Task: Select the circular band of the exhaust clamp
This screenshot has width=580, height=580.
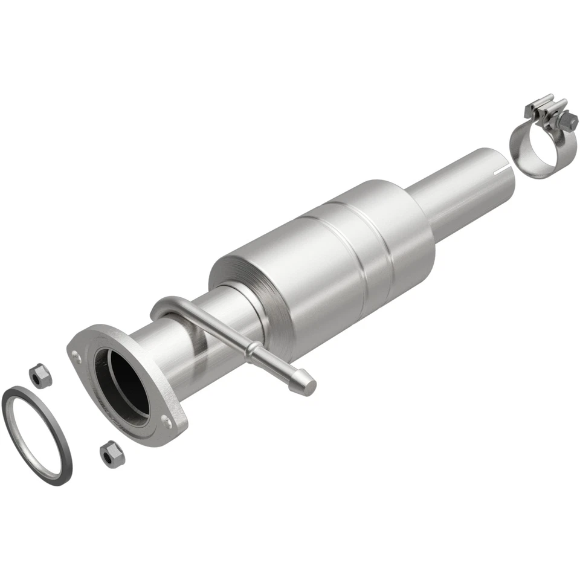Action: [530, 148]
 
